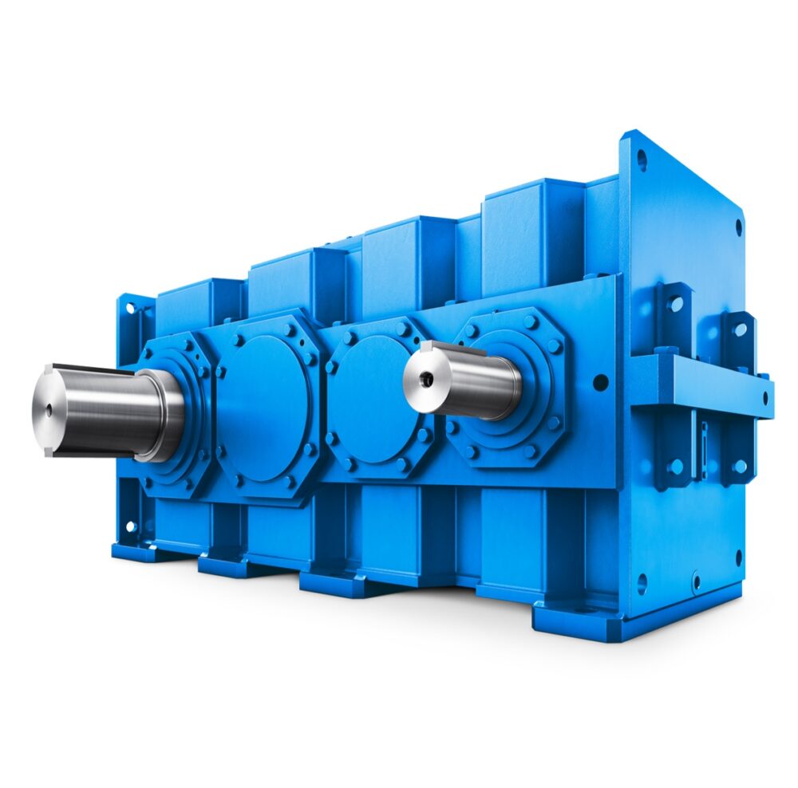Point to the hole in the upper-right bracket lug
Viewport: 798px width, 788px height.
(x=741, y=328)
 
